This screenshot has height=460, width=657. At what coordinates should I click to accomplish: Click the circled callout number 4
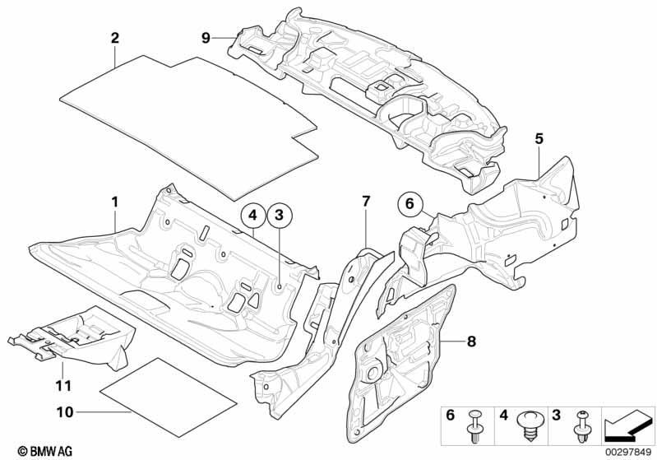coord(252,216)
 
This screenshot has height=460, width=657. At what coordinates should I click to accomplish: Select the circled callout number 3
coord(280,216)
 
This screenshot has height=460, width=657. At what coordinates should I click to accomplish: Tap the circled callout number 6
coord(409,204)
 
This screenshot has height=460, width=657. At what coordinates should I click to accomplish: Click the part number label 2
coord(115,38)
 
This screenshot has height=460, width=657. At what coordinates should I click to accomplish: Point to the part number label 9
coord(206,38)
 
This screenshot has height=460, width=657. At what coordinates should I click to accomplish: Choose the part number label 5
coord(539,138)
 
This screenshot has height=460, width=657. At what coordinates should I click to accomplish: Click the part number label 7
coord(366,202)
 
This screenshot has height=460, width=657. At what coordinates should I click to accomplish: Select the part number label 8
coord(471,342)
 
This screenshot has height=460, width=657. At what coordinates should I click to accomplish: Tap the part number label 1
coord(114,202)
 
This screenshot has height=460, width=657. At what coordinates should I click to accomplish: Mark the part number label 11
coord(63,385)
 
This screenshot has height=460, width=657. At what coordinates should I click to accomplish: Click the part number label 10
coord(65,412)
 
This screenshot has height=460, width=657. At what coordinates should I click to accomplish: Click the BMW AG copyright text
coord(45,451)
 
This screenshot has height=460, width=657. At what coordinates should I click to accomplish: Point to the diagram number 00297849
coord(627,452)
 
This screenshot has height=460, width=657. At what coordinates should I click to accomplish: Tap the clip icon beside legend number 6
coord(475,425)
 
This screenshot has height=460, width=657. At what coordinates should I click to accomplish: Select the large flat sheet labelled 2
coord(188,126)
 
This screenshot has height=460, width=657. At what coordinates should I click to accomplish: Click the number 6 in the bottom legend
coord(451,416)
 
